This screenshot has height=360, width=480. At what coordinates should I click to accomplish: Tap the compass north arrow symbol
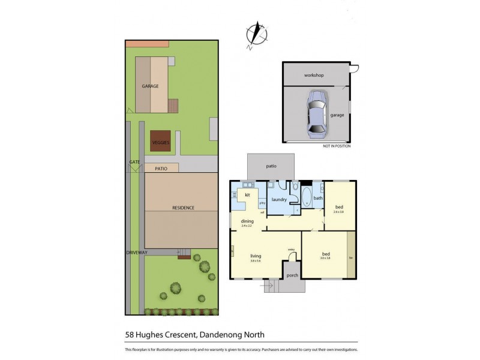[257, 34]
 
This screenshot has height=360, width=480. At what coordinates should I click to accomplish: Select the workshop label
[314, 75]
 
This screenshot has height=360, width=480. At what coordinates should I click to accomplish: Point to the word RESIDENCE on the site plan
[183, 208]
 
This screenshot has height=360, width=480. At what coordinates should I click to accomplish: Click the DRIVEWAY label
[136, 253]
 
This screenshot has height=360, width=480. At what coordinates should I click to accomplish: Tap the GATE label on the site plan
[134, 163]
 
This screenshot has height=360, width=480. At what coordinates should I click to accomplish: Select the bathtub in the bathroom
[307, 197]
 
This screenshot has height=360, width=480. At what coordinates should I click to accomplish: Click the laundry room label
[278, 199]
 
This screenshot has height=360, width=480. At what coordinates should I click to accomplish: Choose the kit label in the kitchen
[247, 195]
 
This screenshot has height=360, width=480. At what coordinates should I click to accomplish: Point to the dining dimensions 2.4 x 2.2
[247, 226]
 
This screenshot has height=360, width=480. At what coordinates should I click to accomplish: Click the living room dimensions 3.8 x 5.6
[256, 261]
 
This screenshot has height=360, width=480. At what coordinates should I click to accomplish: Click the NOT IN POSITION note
[336, 146]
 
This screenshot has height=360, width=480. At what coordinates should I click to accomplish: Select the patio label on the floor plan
[271, 166]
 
